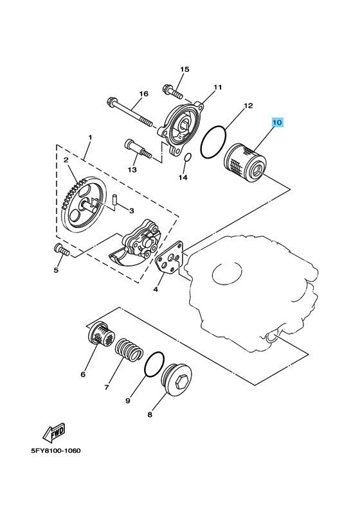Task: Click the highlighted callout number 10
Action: pos(276,123)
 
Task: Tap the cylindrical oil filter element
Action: pos(245,163)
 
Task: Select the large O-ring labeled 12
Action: pos(213,143)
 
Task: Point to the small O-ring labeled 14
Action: pos(187,157)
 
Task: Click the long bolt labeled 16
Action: pos(129,112)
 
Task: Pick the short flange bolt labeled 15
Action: pos(172,91)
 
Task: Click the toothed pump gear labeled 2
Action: pos(84,205)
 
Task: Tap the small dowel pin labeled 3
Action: pos(114,199)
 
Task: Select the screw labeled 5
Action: pos(62,250)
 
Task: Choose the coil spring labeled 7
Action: pos(129,350)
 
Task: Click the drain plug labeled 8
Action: pos(177,380)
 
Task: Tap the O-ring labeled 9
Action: pos(154,365)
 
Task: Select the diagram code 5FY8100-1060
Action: pos(56,451)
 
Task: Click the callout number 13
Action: pos(132,170)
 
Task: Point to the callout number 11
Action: pos(218,87)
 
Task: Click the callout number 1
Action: pos(90,137)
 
